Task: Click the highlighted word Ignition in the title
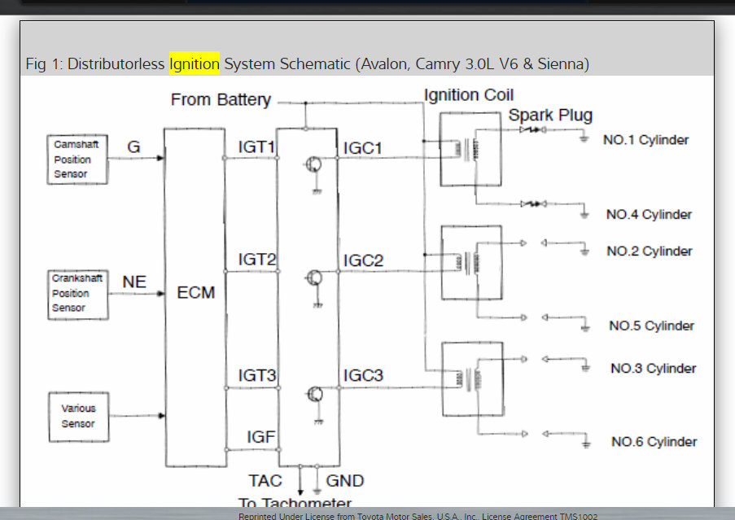coord(194,63)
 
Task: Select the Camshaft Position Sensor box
coord(77,159)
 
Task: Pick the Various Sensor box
coord(78,416)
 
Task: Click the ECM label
coord(196,292)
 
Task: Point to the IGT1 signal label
coord(257,147)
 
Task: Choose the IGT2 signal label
coord(257,260)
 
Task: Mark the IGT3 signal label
coord(257,376)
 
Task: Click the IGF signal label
coord(261,437)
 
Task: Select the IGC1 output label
coord(363,147)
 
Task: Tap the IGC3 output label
coord(363,376)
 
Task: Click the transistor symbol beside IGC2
coord(313,278)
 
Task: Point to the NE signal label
coord(134,282)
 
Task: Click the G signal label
coord(134,147)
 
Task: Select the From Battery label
coord(221,100)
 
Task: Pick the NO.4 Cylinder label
coord(649,215)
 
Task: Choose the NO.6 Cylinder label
coord(654,442)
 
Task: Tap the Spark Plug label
coord(550,116)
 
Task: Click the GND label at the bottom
coord(345,481)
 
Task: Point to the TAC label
coord(266,481)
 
